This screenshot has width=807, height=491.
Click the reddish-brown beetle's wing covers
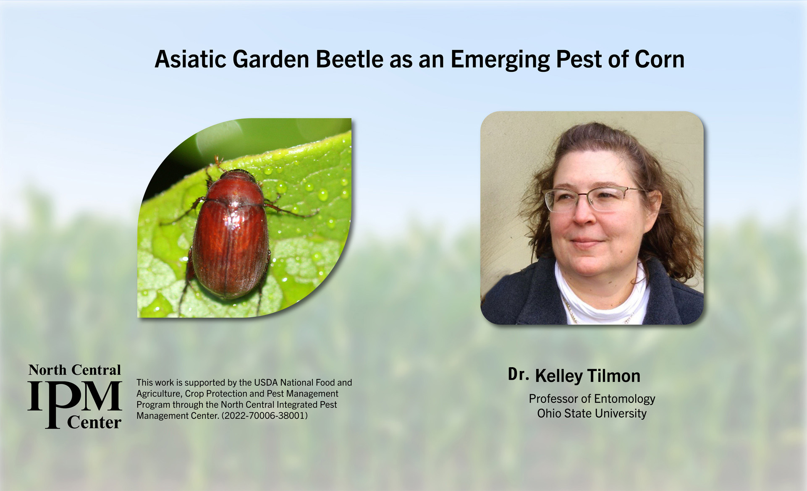[x=230, y=248]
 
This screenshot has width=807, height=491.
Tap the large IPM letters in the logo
[x=75, y=397]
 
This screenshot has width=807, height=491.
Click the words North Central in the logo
[x=75, y=370]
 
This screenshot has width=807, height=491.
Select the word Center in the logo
[x=94, y=422]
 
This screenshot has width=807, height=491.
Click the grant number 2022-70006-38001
[x=265, y=416]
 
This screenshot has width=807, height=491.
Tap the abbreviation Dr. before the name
[x=518, y=374]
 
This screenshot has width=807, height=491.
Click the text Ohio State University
[x=592, y=414]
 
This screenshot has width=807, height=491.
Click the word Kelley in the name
[x=558, y=376]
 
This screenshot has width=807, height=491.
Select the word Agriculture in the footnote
[x=158, y=394]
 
